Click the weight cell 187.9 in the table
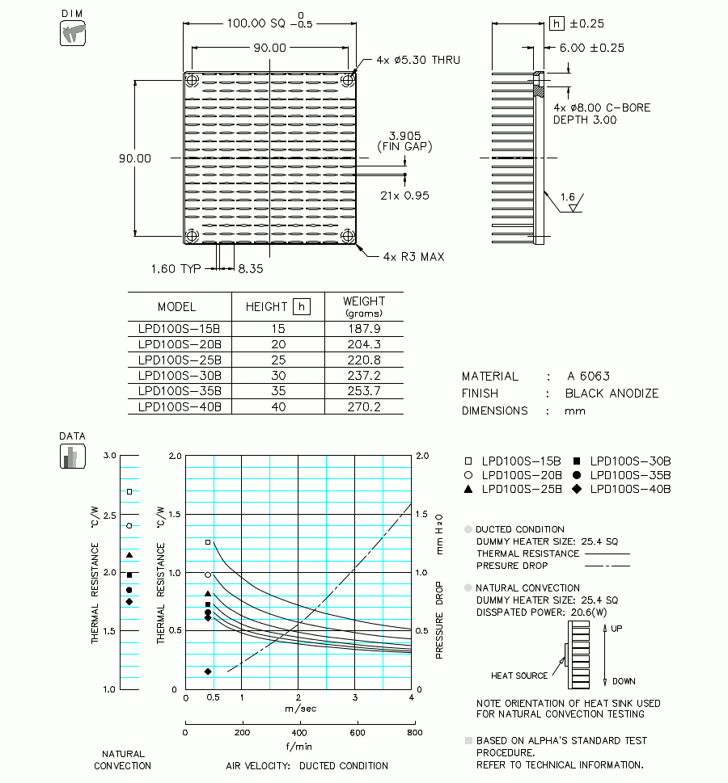click(x=363, y=329)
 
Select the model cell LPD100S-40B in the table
click(x=180, y=407)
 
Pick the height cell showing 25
click(x=278, y=360)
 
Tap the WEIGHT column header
click(x=363, y=305)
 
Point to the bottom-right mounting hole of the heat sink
click(x=349, y=236)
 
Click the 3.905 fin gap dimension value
click(x=404, y=135)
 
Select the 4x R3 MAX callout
click(x=413, y=257)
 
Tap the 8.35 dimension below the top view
click(x=251, y=268)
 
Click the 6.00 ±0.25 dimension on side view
click(x=592, y=48)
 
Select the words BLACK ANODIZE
click(x=612, y=394)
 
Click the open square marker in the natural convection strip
click(x=129, y=491)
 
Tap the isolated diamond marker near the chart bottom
click(x=208, y=671)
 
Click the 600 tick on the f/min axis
click(x=357, y=733)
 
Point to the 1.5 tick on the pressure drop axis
click(x=421, y=514)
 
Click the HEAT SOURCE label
click(x=519, y=676)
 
